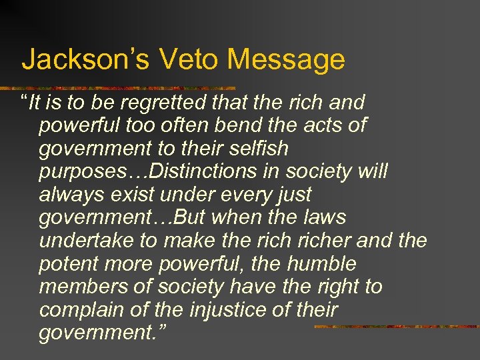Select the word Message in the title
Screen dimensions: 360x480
tap(286, 59)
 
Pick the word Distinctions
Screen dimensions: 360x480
tap(204, 172)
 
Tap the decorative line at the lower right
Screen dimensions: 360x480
tap(396, 327)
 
